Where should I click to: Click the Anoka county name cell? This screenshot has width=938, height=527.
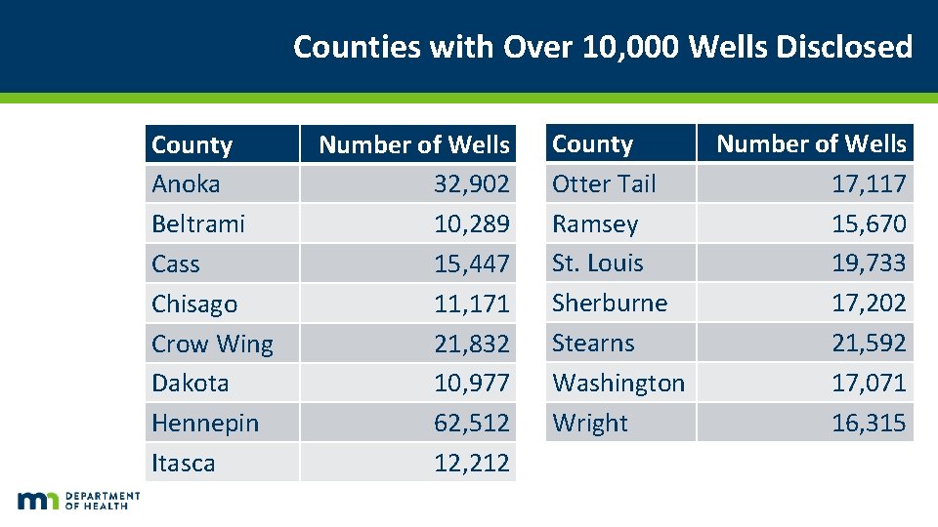coord(187,184)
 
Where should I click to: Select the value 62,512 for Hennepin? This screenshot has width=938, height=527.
coord(471,424)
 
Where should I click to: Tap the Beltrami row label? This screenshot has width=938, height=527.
coord(198,224)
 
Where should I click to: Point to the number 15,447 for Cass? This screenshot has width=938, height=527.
coord(471,264)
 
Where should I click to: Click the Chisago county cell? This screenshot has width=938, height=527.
coord(194,304)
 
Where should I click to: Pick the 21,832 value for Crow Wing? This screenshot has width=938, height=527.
coord(471,345)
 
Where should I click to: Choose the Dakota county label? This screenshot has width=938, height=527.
coord(191,384)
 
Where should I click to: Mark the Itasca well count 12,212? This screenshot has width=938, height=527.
coord(471,464)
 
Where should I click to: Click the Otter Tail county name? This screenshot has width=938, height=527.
coord(604,184)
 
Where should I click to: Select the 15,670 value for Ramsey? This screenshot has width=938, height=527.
coord(869,224)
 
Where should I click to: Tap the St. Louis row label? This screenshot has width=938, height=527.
coord(598,263)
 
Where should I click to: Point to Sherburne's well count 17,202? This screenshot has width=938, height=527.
coord(869,304)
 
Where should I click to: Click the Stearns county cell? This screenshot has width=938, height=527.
coord(593,344)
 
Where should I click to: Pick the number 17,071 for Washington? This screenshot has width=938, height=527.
coord(869,384)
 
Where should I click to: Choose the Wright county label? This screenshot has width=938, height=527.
coord(590,424)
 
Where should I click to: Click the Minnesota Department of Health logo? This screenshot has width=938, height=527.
coord(78,501)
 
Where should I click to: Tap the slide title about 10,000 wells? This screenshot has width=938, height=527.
coord(603,47)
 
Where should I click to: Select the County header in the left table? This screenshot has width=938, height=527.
coord(192,145)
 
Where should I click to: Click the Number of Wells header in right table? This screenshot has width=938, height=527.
coord(811,144)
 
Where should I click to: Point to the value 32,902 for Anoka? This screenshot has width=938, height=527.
coord(471,184)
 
